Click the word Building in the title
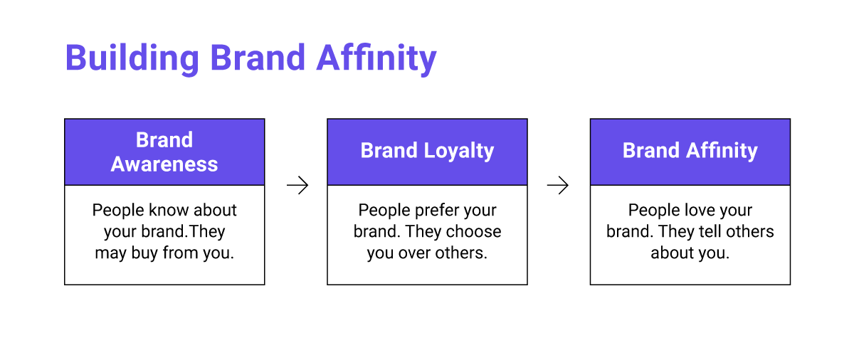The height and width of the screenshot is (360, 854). click(x=132, y=58)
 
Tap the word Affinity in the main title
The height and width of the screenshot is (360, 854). click(x=376, y=58)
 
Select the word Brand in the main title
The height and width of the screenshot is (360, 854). click(x=258, y=58)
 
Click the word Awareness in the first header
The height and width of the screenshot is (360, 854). click(x=164, y=164)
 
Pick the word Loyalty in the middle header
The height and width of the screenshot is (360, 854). click(x=458, y=151)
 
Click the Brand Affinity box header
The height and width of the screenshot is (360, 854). click(x=690, y=152)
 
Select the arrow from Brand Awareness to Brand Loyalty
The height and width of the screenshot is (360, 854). click(x=297, y=185)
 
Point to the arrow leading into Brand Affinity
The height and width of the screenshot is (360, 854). click(x=558, y=185)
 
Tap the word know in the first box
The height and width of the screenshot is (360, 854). click(x=168, y=210)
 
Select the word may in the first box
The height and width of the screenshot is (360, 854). click(x=110, y=253)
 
